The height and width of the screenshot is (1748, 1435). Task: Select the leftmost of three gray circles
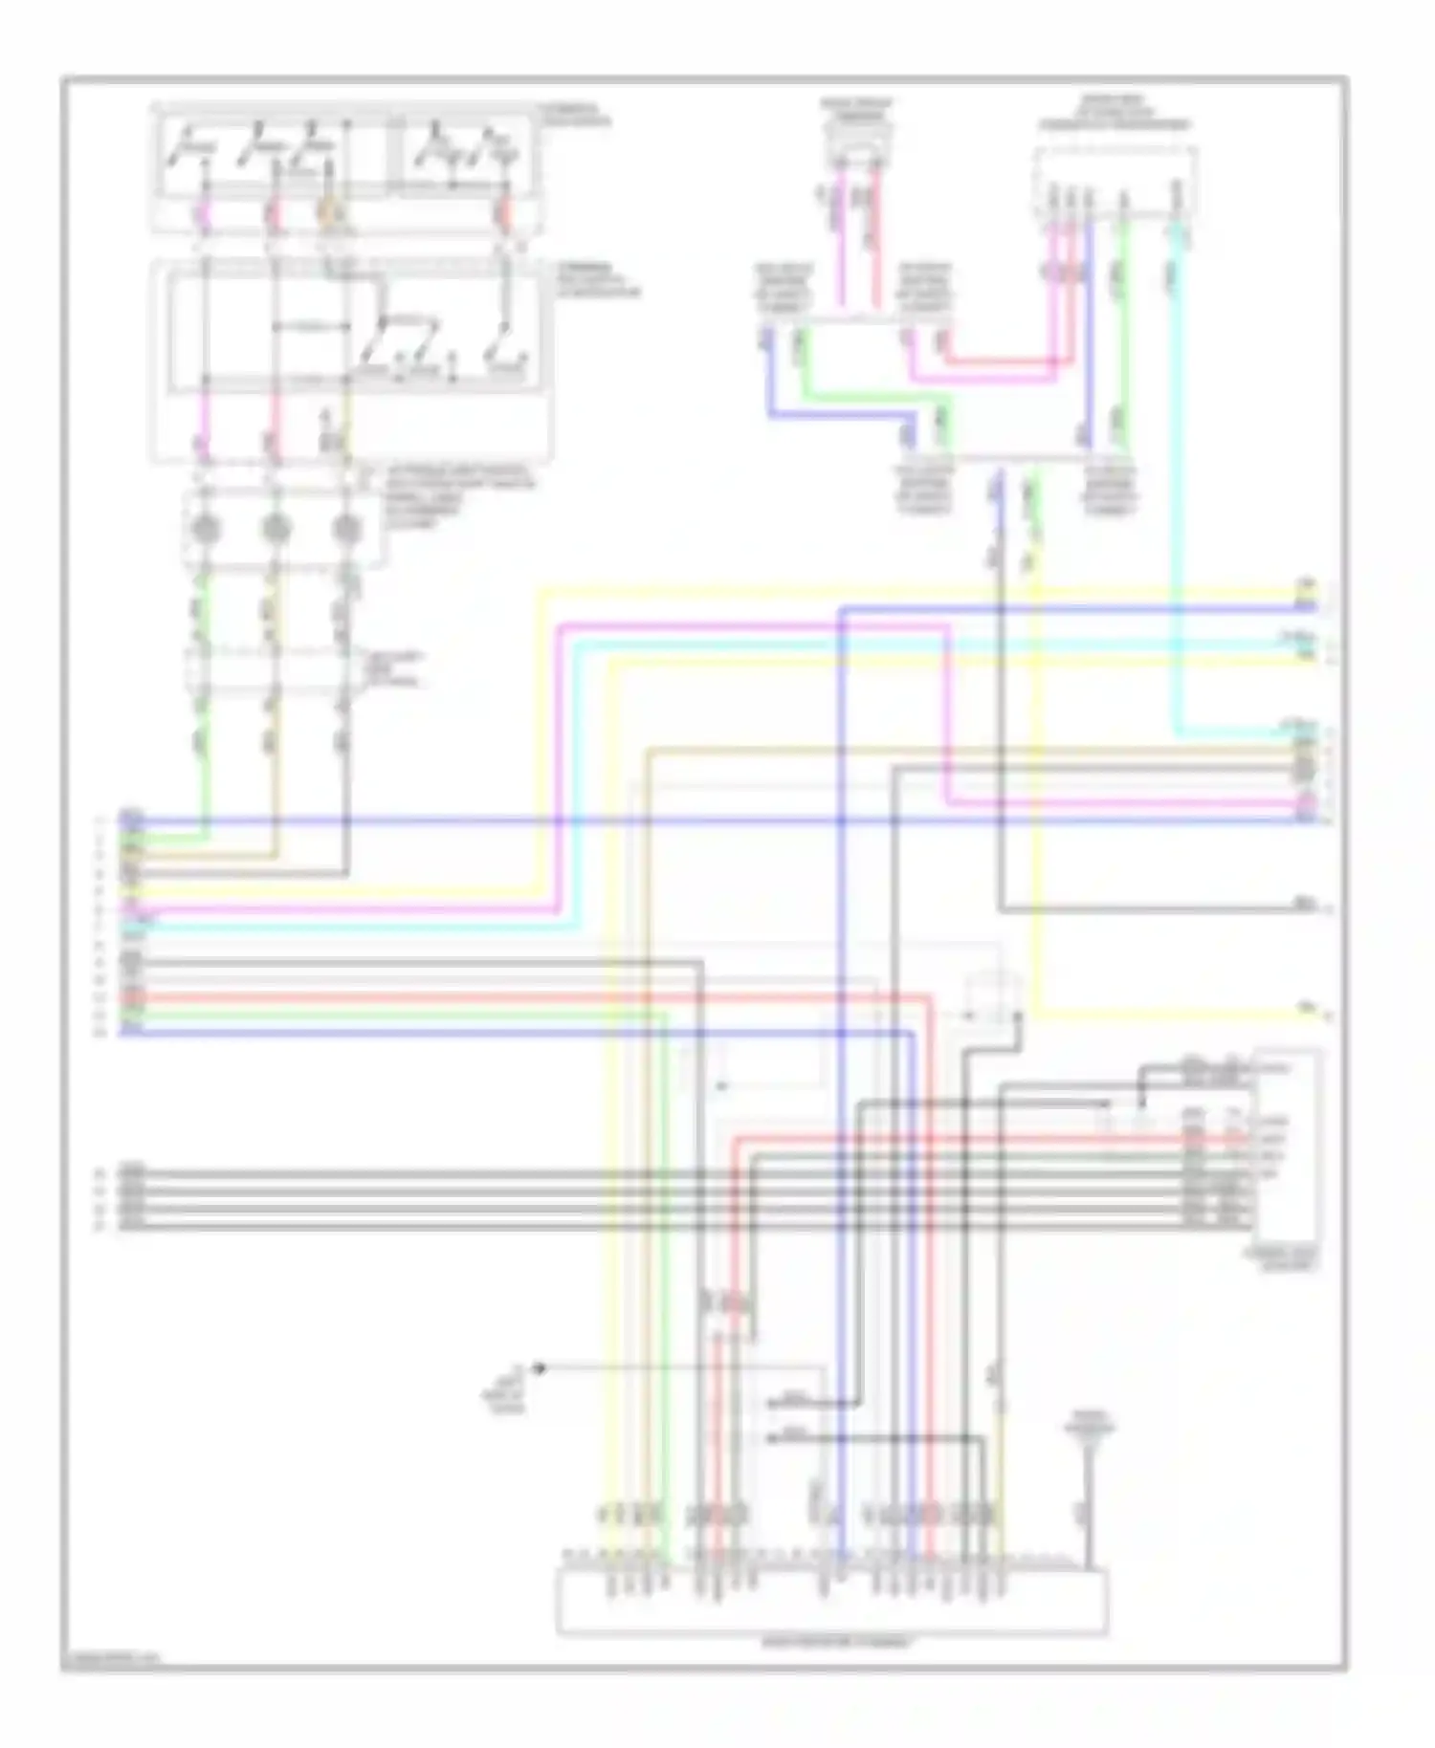(x=204, y=527)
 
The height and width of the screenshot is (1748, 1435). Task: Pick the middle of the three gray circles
(x=275, y=527)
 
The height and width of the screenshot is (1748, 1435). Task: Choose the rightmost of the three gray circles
(x=346, y=527)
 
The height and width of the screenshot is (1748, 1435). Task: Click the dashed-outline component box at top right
(x=1115, y=182)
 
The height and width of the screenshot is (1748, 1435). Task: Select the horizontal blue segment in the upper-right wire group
(x=832, y=415)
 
